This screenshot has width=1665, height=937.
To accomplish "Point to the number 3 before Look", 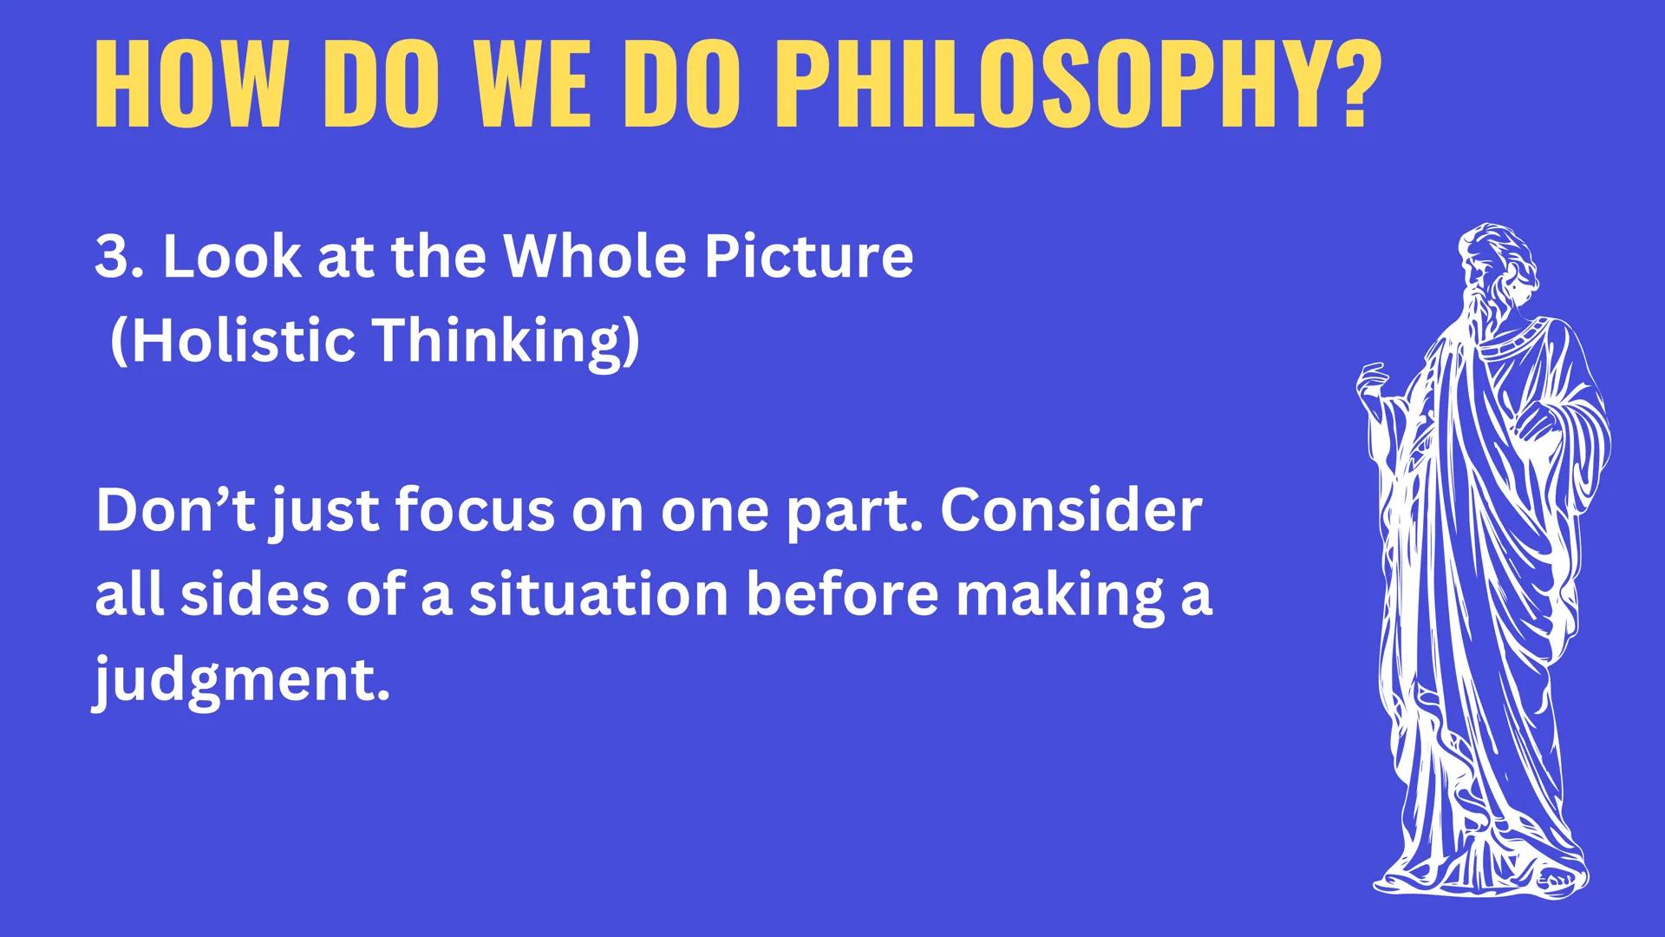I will click(x=111, y=257).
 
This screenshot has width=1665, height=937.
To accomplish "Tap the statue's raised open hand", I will click(x=1373, y=382).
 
